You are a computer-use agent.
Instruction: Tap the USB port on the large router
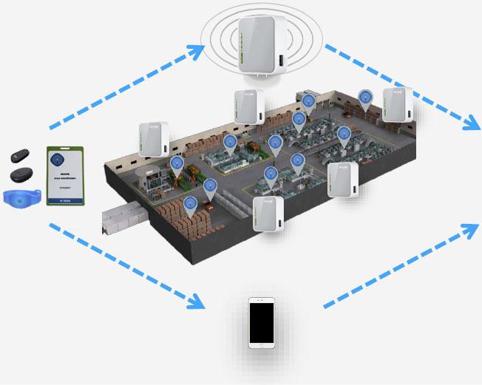279,61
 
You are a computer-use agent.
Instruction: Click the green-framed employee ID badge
65,175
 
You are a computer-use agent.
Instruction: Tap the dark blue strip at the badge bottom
65,200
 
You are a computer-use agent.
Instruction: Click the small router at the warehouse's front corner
268,213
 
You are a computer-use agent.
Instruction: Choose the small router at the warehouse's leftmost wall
154,138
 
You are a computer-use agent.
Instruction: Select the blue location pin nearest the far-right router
365,98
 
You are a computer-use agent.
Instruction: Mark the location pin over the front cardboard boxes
191,205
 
